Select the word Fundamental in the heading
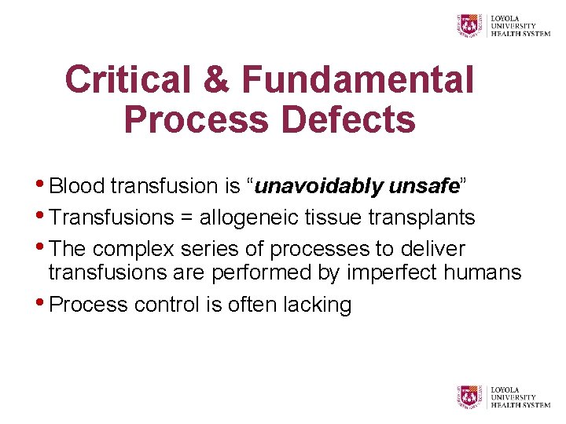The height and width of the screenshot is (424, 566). pos(358,80)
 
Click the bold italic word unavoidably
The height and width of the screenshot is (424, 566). pos(319,187)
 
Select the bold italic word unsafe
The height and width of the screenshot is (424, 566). pos(424,187)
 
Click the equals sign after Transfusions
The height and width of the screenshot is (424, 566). pos(186,218)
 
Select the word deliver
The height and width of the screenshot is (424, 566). pos(432,250)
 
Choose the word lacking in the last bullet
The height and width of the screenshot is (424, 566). pos(318,305)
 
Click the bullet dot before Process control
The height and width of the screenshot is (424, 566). pos(42,303)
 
